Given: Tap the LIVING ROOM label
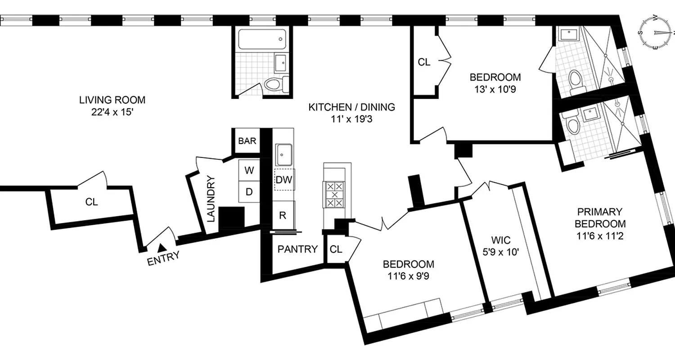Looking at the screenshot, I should pyautogui.click(x=112, y=100).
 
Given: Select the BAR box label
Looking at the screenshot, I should pyautogui.click(x=247, y=141).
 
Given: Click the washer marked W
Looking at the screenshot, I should pyautogui.click(x=249, y=170).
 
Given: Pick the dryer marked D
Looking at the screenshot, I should pyautogui.click(x=249, y=192).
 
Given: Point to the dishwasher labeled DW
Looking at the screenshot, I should pyautogui.click(x=284, y=180).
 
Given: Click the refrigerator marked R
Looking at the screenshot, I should pyautogui.click(x=283, y=215).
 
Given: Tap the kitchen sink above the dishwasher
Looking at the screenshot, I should pyautogui.click(x=284, y=155).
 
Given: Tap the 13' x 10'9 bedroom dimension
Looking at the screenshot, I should pyautogui.click(x=495, y=89).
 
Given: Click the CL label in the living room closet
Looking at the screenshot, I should pyautogui.click(x=91, y=202).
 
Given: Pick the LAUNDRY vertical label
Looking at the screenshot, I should pyautogui.click(x=212, y=198).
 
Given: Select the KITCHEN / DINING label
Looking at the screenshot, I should pyautogui.click(x=351, y=107).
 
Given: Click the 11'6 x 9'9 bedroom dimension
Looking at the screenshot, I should pyautogui.click(x=408, y=276).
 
